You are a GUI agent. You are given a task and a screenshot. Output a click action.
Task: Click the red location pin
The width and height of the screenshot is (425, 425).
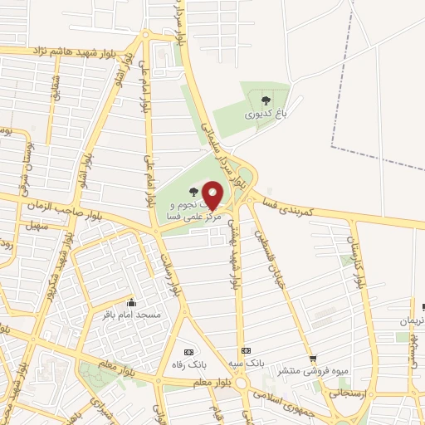(x=212, y=193)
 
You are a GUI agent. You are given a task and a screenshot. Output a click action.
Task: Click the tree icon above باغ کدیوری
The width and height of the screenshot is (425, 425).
(x=266, y=100)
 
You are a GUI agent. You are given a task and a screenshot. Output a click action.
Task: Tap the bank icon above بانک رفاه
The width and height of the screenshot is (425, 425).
(x=188, y=351)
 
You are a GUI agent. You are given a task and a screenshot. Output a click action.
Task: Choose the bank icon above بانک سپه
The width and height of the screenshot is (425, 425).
(x=245, y=351)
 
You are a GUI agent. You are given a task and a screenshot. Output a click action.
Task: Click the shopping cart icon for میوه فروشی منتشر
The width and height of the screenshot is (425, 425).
(x=313, y=359)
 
